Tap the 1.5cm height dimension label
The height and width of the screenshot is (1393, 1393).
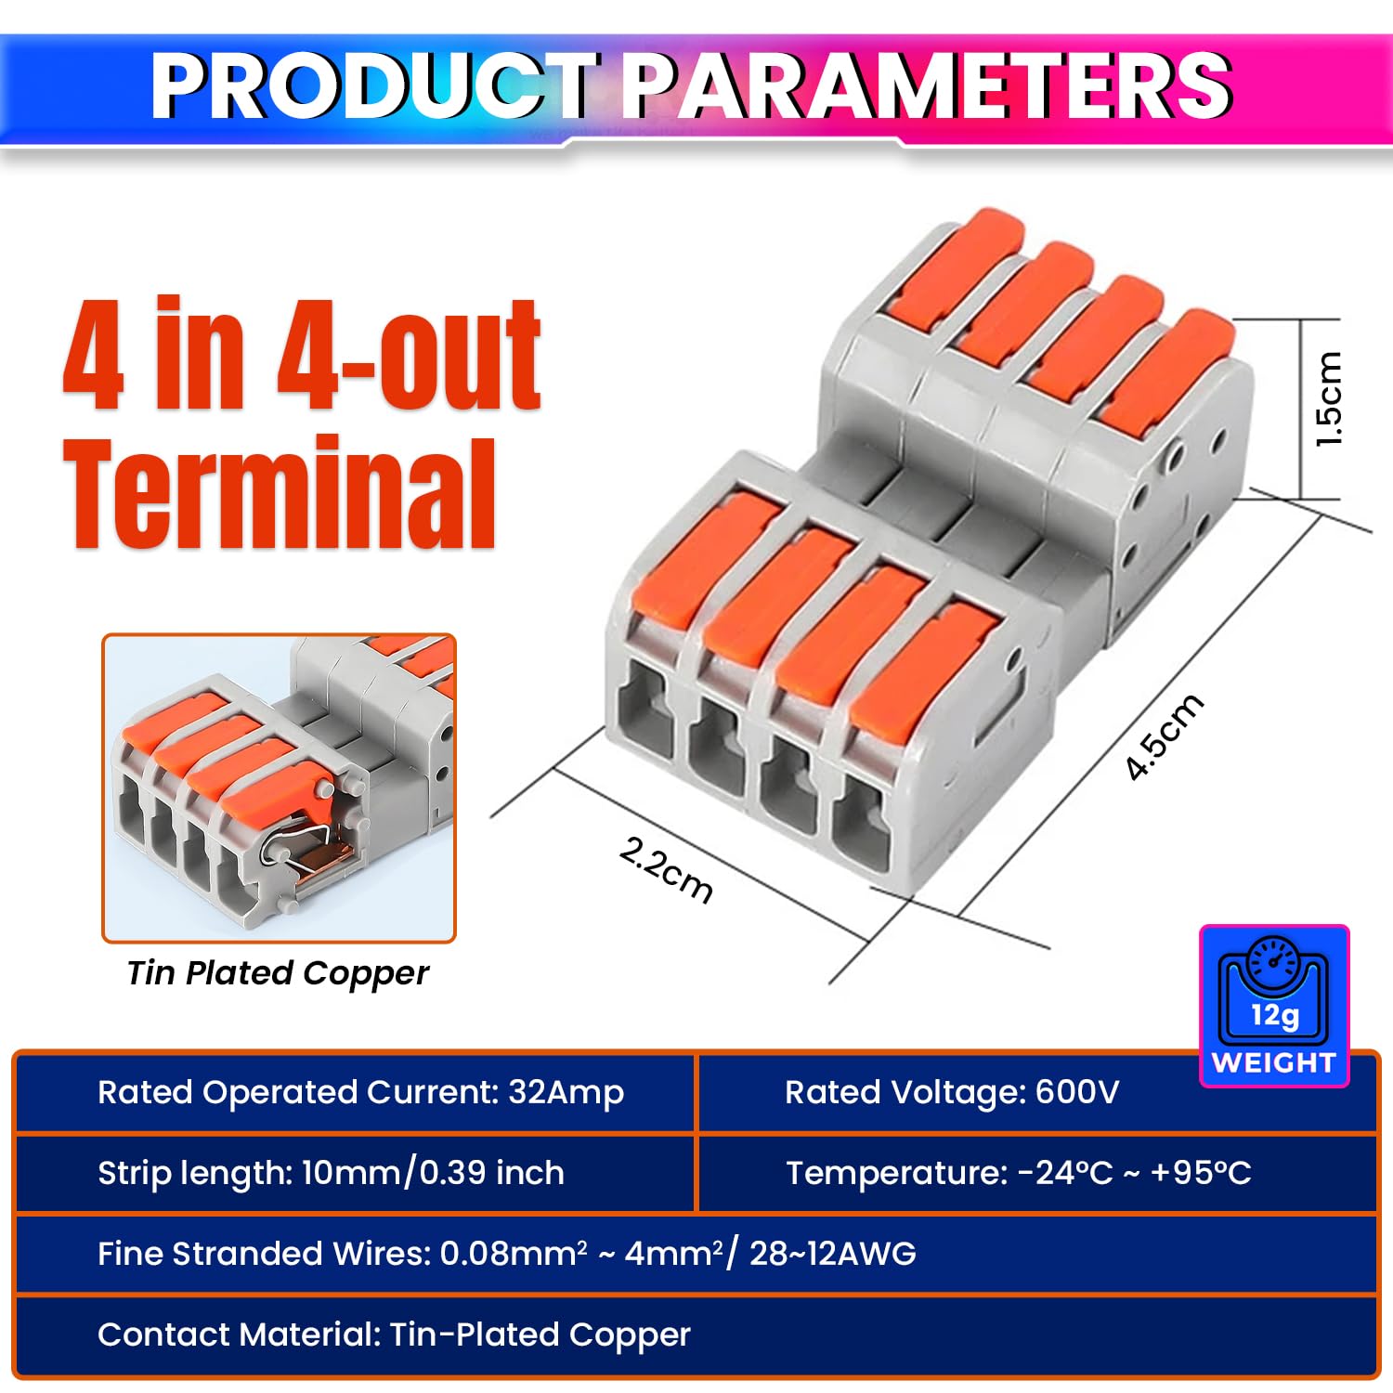pos(1329,399)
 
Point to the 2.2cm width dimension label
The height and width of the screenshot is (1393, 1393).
pos(666,868)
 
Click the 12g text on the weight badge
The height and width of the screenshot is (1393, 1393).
pos(1274,1015)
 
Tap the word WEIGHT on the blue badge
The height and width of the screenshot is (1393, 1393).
pos(1274,1062)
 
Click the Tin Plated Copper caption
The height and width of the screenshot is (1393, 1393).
pos(278,973)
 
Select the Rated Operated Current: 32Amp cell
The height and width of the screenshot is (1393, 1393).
pos(360,1093)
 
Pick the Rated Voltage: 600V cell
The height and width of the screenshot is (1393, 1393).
pos(952,1093)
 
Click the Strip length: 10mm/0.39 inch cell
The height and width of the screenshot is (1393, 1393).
pos(331,1173)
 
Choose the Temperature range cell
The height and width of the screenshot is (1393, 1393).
pos(1018,1173)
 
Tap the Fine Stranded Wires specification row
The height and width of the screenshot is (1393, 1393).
pos(506,1254)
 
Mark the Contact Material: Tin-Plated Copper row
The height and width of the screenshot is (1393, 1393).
pos(394,1334)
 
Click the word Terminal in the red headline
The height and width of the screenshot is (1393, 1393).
pos(279,494)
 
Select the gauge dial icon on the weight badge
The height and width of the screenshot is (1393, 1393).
pos(1274,960)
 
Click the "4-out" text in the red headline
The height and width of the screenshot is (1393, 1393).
pos(409,357)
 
